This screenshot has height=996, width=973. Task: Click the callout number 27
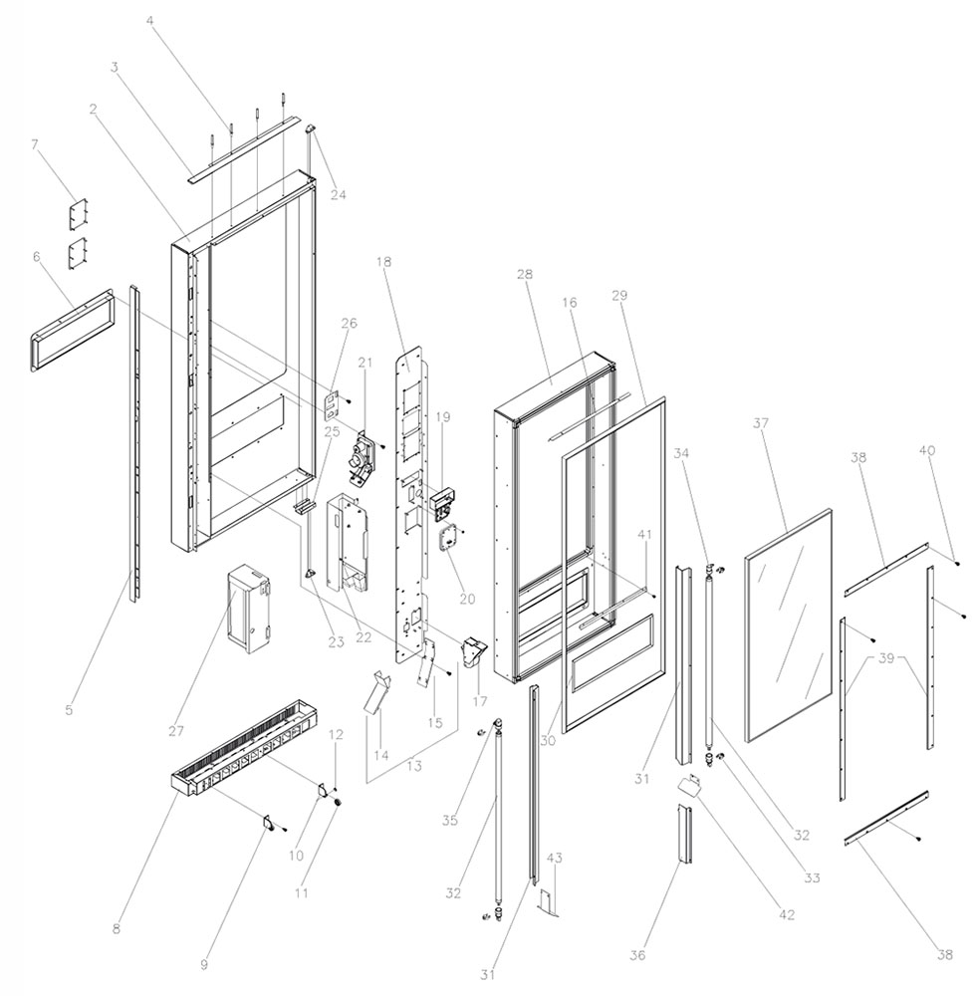176,731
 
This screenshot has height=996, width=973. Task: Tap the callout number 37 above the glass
762,423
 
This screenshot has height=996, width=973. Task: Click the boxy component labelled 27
249,608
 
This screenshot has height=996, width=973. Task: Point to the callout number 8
117,929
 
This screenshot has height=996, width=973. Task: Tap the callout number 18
383,261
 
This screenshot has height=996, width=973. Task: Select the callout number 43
555,858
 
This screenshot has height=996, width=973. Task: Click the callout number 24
339,195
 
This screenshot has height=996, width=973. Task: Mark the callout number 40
927,451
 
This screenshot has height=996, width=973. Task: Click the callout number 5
69,710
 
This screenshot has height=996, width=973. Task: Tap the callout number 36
637,955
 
